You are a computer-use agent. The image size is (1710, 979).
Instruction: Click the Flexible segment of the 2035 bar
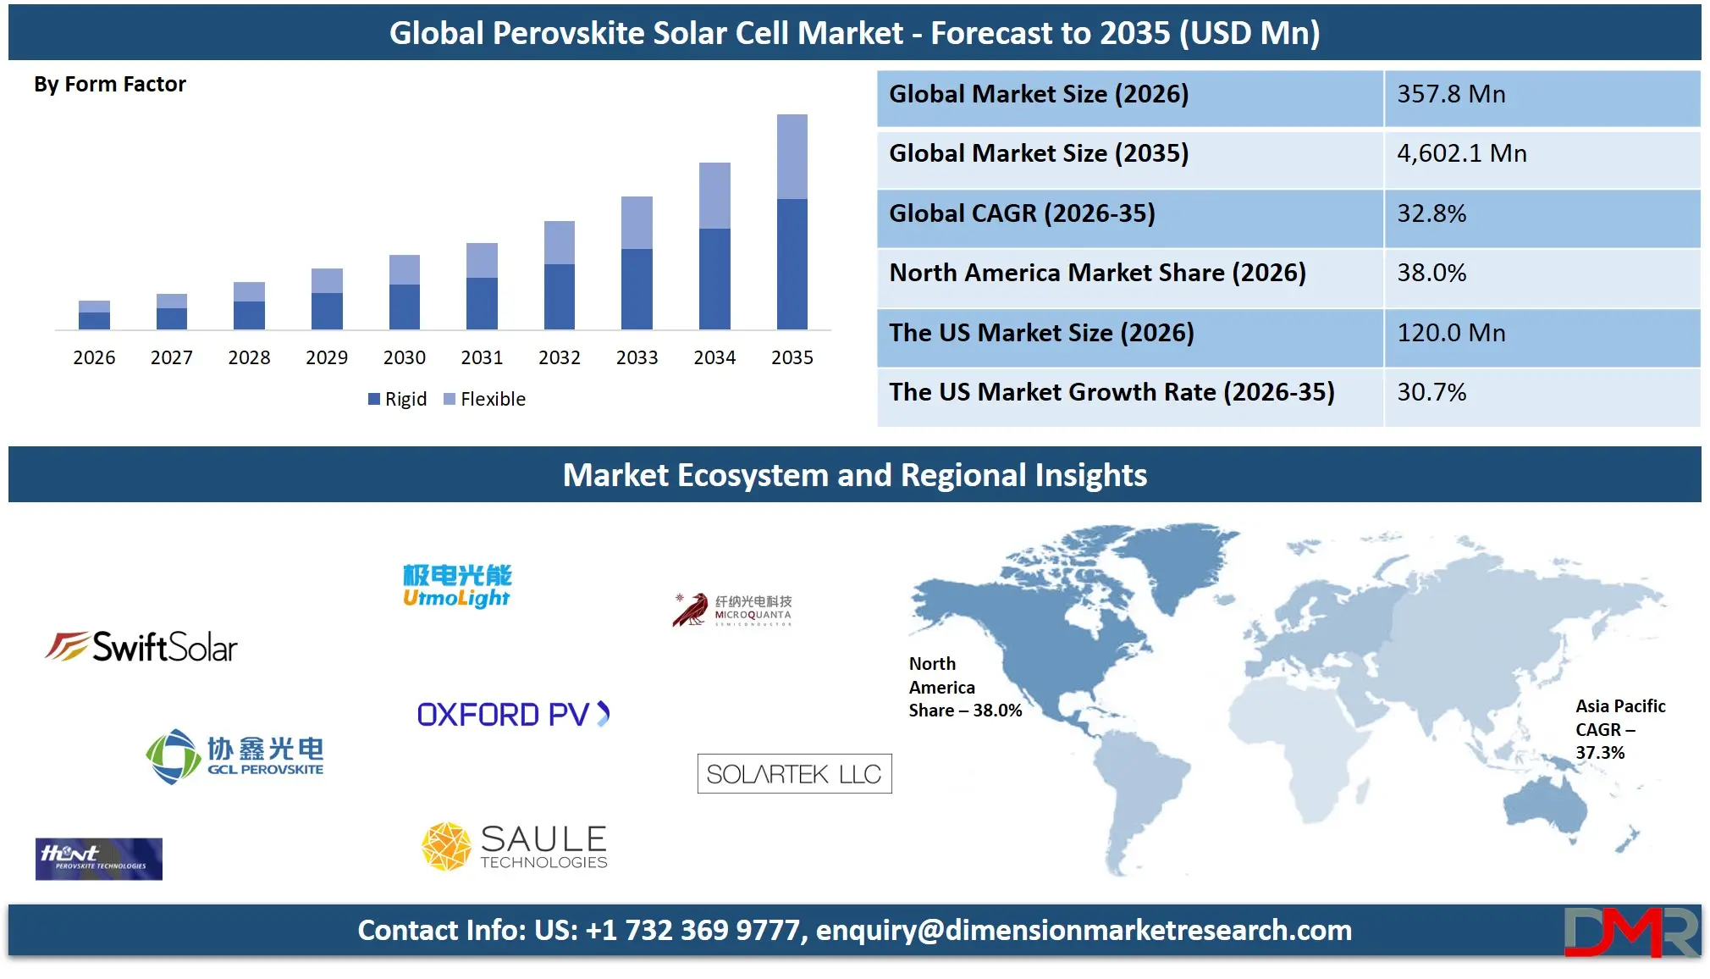(x=792, y=157)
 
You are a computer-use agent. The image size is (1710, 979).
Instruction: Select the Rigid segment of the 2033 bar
(x=637, y=288)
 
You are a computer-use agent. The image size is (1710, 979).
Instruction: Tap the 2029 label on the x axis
(x=327, y=357)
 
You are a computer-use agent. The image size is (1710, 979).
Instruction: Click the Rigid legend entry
(x=397, y=399)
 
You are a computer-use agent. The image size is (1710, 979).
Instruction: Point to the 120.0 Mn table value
(x=1451, y=333)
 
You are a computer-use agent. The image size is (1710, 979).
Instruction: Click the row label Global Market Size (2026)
(x=1039, y=94)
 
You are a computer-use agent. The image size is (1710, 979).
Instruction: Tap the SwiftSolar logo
(x=141, y=647)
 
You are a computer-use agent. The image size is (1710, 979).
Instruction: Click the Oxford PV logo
(x=513, y=715)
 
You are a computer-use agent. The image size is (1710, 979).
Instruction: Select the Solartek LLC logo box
(x=794, y=773)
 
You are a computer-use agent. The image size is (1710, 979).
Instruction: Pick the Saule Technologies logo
(x=515, y=846)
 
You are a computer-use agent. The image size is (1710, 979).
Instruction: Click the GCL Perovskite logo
(x=234, y=756)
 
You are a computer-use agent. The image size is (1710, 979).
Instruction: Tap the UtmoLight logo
(x=457, y=586)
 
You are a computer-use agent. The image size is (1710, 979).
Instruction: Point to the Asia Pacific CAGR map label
(x=1619, y=729)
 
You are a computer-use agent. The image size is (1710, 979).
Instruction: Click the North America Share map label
(x=964, y=687)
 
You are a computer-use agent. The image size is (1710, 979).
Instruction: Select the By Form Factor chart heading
(x=110, y=85)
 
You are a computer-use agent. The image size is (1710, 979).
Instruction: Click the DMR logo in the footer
(x=1630, y=932)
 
